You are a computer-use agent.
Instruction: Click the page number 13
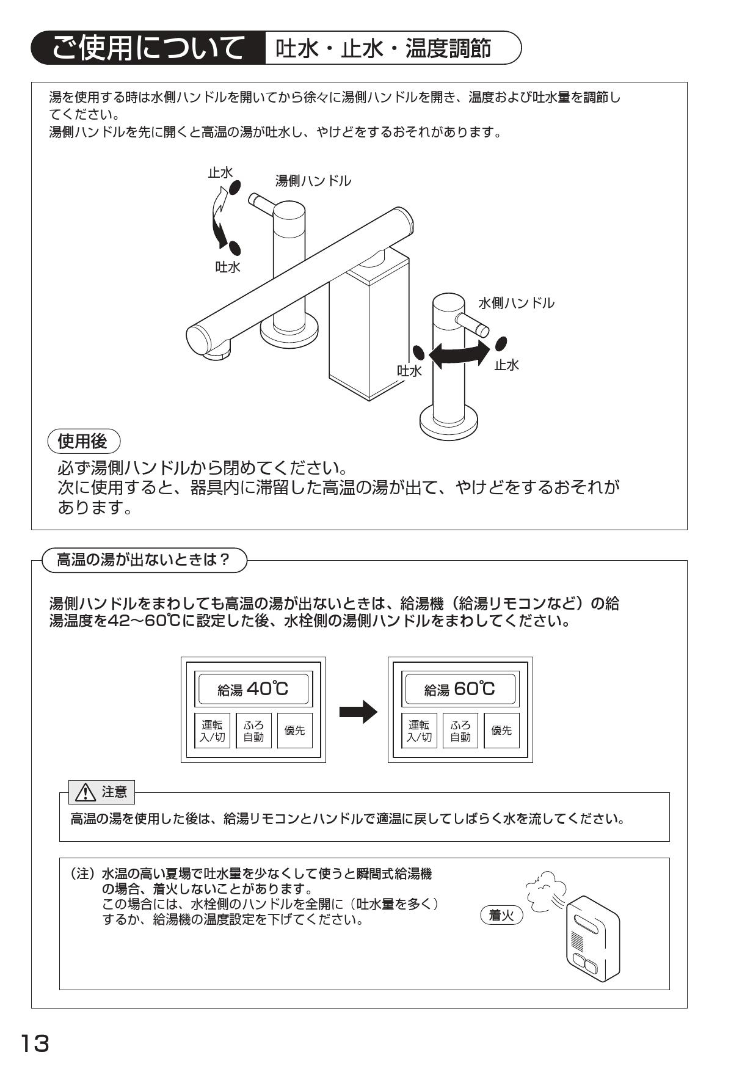click(x=35, y=1043)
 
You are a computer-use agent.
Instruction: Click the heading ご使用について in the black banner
click(x=147, y=48)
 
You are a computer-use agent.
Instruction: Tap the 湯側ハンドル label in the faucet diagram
click(x=313, y=181)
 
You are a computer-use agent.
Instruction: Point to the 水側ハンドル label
click(x=516, y=302)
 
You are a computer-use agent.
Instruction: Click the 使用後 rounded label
click(x=83, y=440)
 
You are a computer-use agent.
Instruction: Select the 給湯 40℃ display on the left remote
click(x=253, y=689)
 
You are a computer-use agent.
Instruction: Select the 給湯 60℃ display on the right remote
click(x=460, y=689)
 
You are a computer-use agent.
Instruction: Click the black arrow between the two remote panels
click(x=358, y=712)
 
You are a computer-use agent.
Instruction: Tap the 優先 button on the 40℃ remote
click(x=294, y=731)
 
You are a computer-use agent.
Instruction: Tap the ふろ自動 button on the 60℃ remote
click(x=460, y=731)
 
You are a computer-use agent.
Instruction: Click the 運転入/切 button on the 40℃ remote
click(x=212, y=731)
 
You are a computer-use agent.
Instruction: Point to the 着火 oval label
click(x=502, y=915)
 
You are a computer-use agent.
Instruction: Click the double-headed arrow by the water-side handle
click(x=460, y=353)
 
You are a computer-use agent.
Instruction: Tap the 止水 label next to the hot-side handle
click(x=220, y=173)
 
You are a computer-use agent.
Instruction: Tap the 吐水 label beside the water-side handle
click(x=409, y=371)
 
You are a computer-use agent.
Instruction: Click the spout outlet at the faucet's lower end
click(x=220, y=353)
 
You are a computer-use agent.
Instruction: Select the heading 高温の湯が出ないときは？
click(x=144, y=560)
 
